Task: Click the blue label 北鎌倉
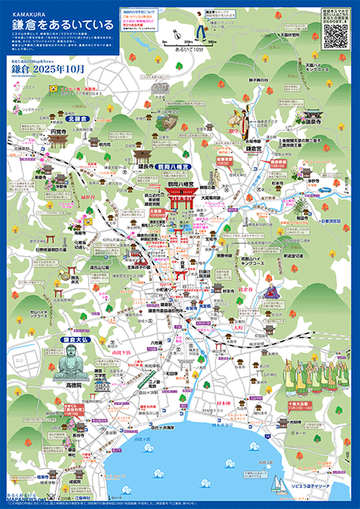click(78, 119)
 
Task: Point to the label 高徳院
click(74, 386)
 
